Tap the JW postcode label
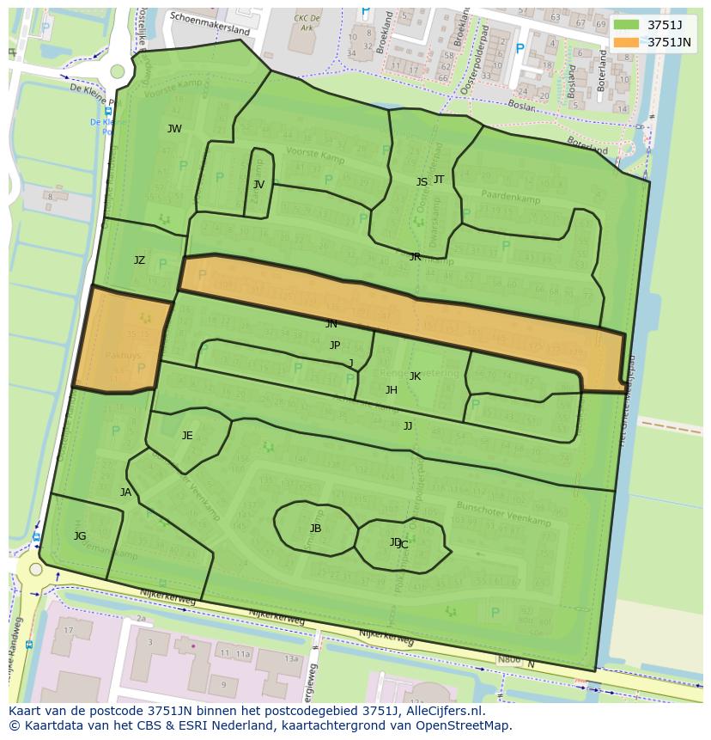pyautogui.click(x=174, y=129)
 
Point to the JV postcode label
pyautogui.click(x=258, y=185)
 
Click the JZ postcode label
pyautogui.click(x=139, y=260)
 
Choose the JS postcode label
pyautogui.click(x=422, y=182)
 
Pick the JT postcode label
pyautogui.click(x=439, y=180)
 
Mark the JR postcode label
pyautogui.click(x=415, y=257)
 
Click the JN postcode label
pyautogui.click(x=331, y=325)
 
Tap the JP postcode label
pyautogui.click(x=335, y=346)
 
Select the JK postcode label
pyautogui.click(x=415, y=376)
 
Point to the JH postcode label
pyautogui.click(x=392, y=390)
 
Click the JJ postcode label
pyautogui.click(x=408, y=426)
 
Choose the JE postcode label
pyautogui.click(x=187, y=436)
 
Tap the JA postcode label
pyautogui.click(x=125, y=492)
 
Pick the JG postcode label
pyautogui.click(x=80, y=536)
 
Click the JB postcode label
pyautogui.click(x=315, y=529)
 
